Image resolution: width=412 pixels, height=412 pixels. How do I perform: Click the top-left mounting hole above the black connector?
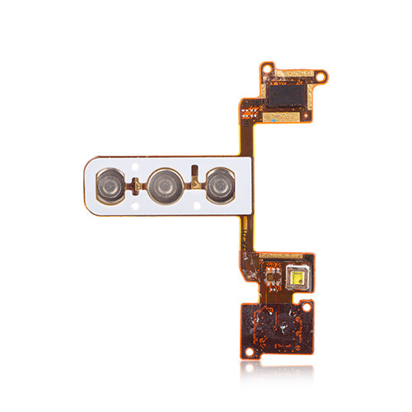[x=267, y=67]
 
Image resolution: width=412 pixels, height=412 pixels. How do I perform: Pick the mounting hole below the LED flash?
[x=307, y=307]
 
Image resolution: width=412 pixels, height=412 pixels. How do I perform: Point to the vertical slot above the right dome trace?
[x=194, y=171]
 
